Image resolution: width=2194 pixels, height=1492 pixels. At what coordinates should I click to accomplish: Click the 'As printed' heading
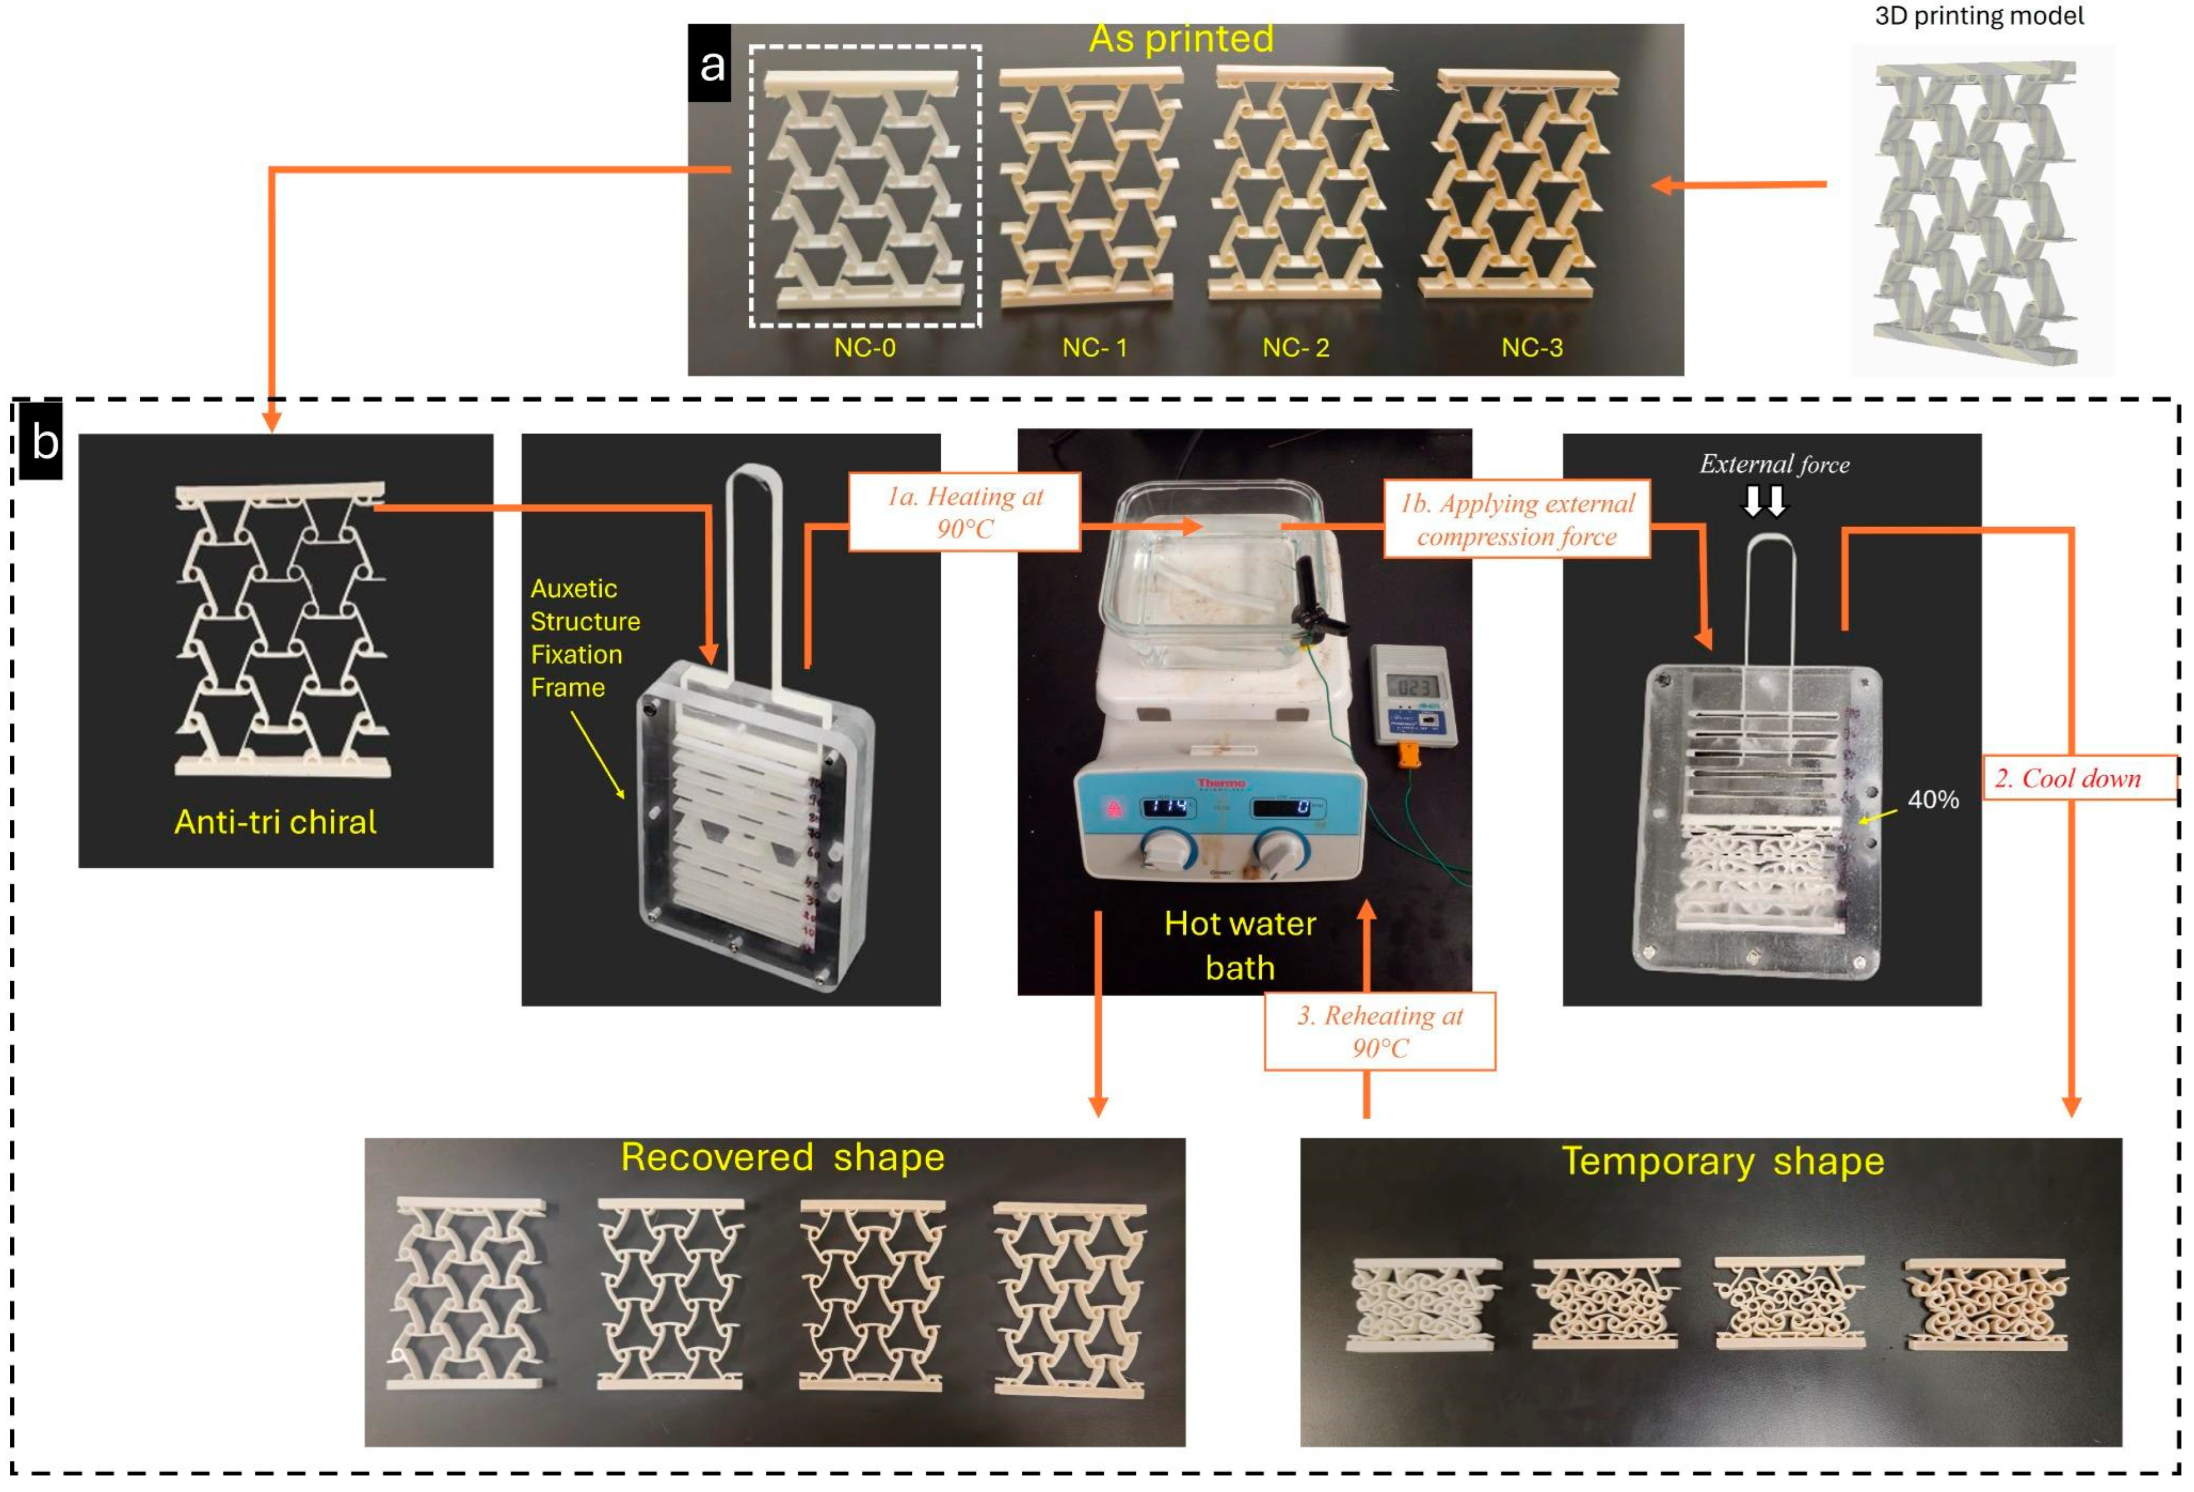point(1181,39)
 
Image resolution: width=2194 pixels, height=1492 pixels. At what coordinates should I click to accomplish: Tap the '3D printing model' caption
point(1979,16)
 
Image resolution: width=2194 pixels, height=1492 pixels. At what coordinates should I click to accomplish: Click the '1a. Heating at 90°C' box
point(965,512)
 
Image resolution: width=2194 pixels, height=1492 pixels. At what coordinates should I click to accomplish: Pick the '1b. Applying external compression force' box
point(1516,519)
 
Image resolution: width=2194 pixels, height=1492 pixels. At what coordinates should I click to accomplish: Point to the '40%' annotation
point(1933,800)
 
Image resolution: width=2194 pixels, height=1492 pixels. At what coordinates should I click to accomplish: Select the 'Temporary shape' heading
point(1723,1160)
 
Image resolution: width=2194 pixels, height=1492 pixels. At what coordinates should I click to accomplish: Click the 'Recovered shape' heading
point(783,1157)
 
